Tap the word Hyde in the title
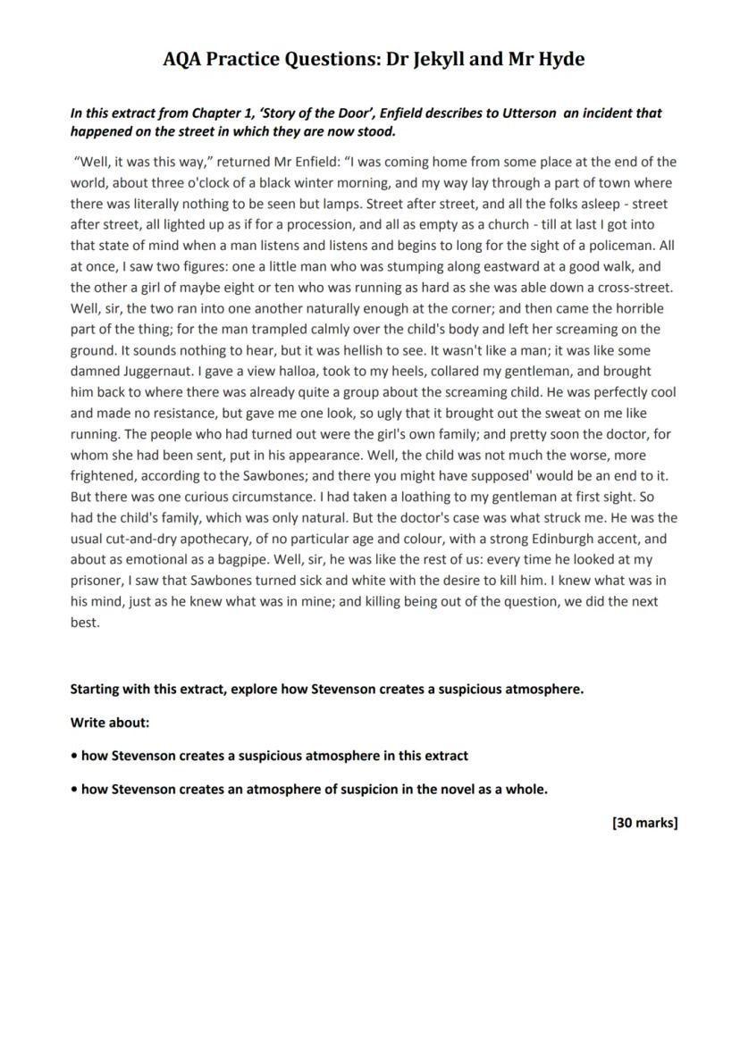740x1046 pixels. (x=561, y=60)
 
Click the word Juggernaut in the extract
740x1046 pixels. (x=148, y=372)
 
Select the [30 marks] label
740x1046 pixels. (x=644, y=823)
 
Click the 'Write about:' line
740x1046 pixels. (x=110, y=722)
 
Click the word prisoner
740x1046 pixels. (x=100, y=581)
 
